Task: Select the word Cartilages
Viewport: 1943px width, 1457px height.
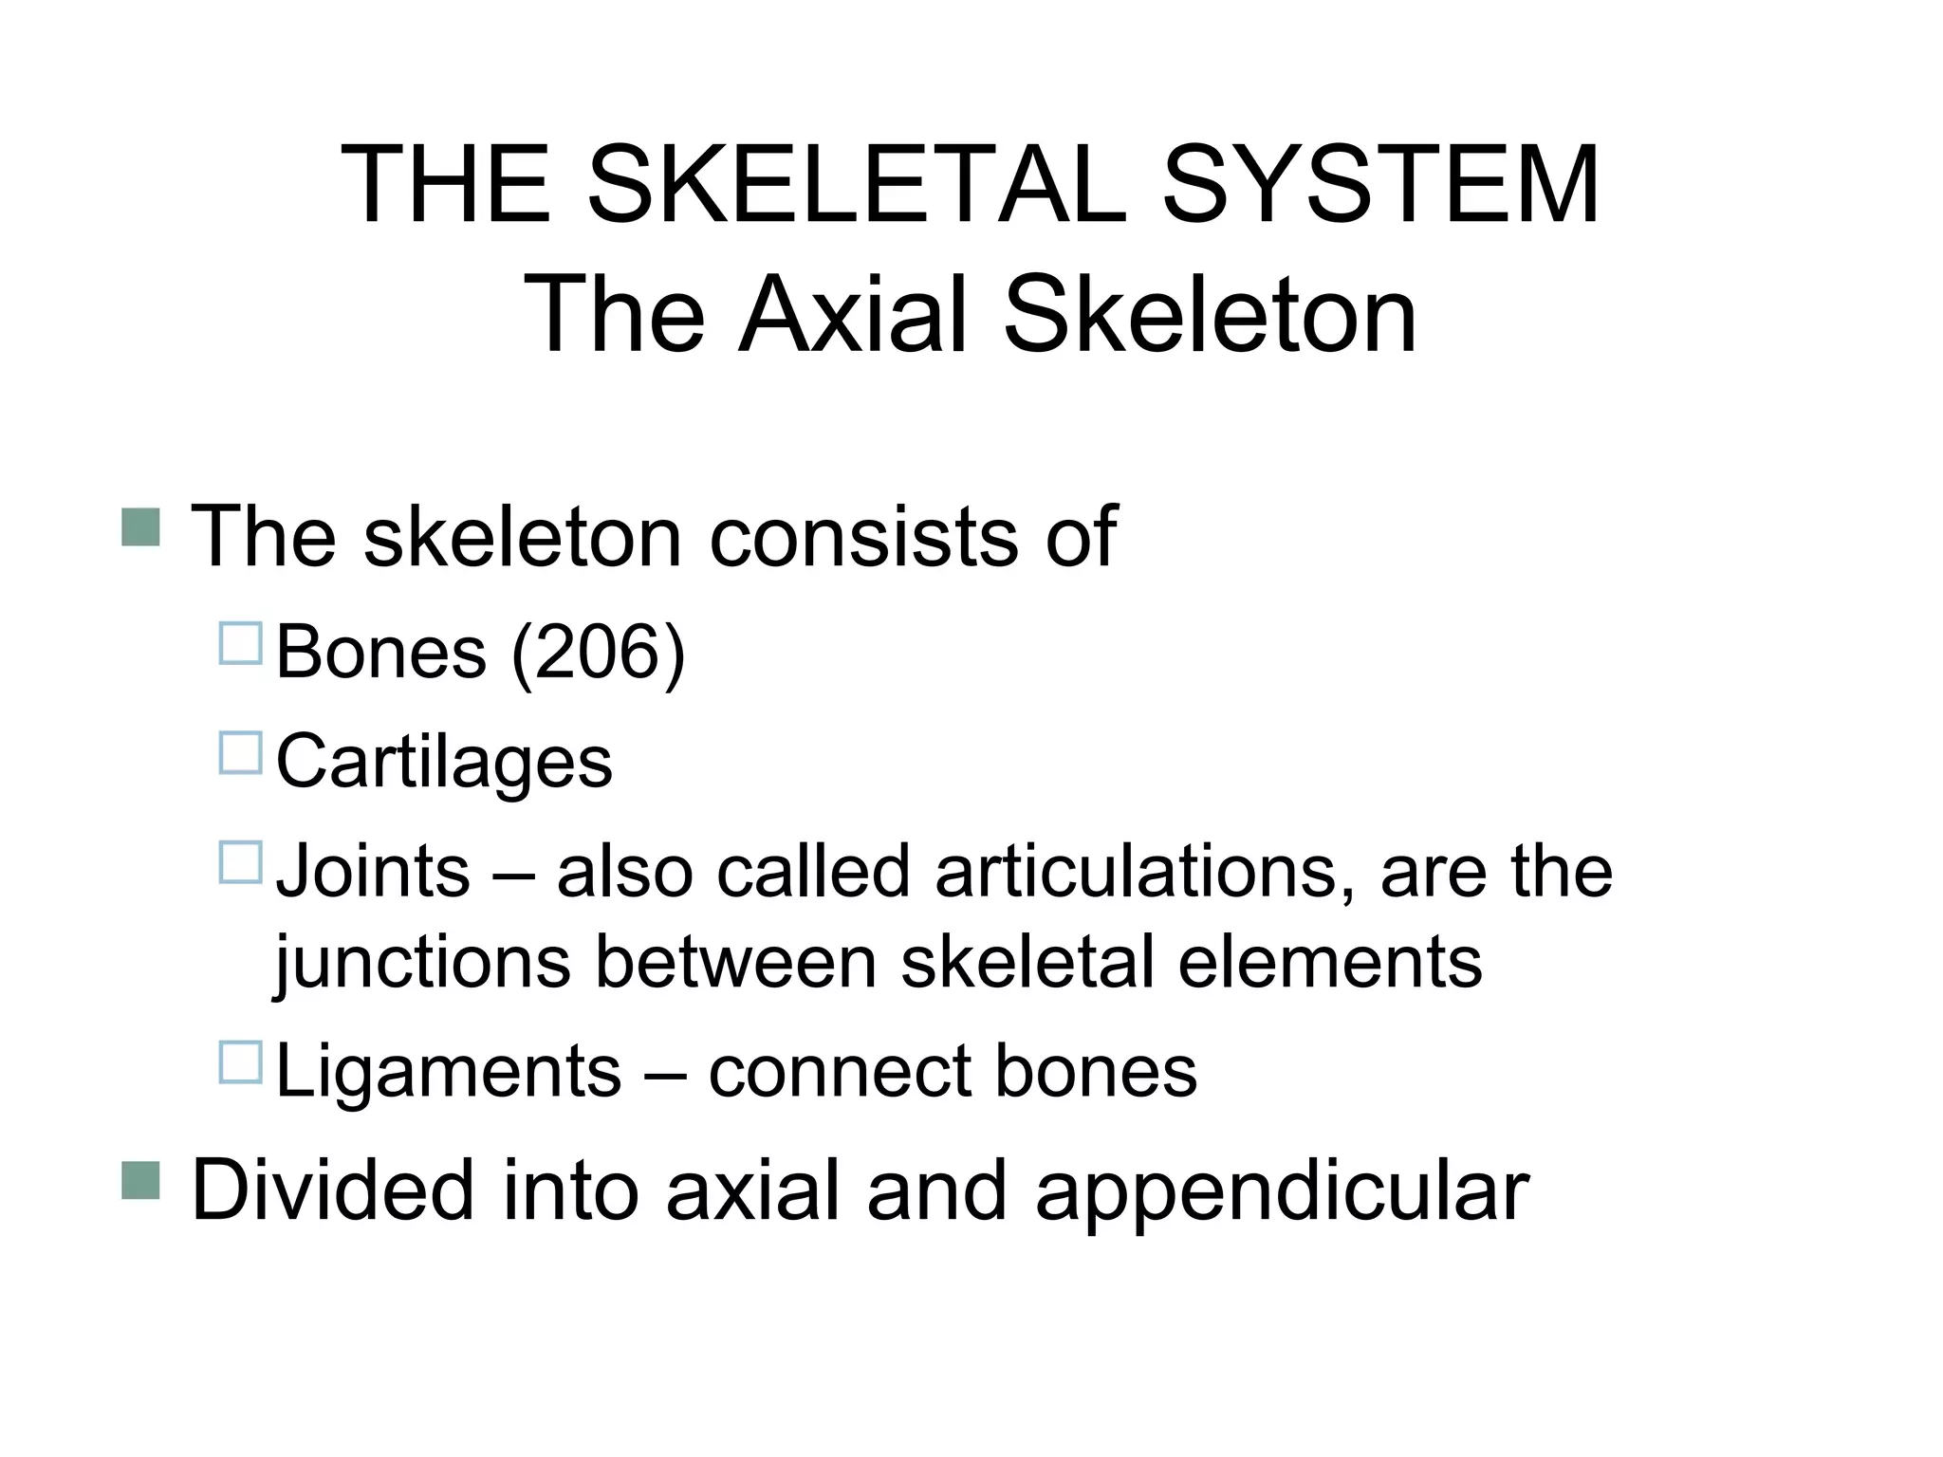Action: (444, 762)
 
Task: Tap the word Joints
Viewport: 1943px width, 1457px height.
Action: (373, 871)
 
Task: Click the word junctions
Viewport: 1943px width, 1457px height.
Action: (422, 962)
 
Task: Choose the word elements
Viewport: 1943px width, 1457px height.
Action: (1329, 962)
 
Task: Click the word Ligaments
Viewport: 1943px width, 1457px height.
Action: (448, 1072)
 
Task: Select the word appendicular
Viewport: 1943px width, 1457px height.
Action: (1282, 1191)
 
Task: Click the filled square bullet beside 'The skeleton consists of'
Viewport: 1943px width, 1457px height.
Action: (140, 526)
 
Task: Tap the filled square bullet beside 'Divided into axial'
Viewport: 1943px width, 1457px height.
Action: (140, 1181)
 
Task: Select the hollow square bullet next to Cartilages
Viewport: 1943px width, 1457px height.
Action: (240, 753)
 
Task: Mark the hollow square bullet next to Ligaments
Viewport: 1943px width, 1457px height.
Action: (240, 1062)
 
